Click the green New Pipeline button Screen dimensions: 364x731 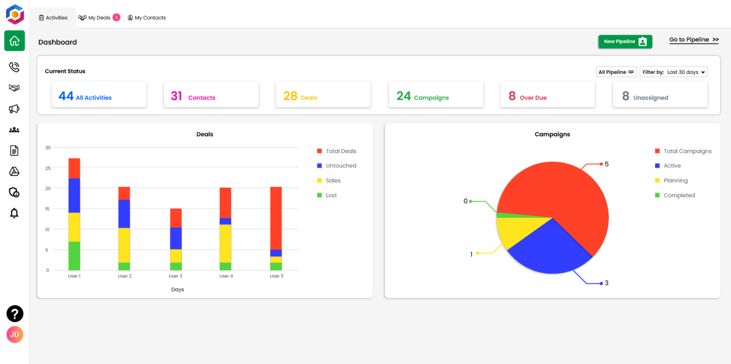coord(625,42)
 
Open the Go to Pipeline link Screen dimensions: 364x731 coord(693,40)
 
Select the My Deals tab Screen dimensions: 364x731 coord(99,18)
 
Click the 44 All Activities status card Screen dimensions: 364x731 coord(99,94)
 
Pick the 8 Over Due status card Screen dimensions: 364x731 coord(547,94)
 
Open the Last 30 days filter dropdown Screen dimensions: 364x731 coord(673,72)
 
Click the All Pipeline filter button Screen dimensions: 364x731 coord(616,72)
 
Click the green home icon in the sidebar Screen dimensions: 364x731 coord(14,41)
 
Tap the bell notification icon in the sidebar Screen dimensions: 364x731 coord(14,213)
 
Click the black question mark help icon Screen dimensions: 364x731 coord(15,314)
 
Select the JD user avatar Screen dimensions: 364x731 coord(15,334)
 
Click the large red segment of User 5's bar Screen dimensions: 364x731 coord(276,218)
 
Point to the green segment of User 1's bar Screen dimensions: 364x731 coord(74,256)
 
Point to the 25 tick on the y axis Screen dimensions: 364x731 coord(48,168)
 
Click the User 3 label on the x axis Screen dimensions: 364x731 coord(175,276)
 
